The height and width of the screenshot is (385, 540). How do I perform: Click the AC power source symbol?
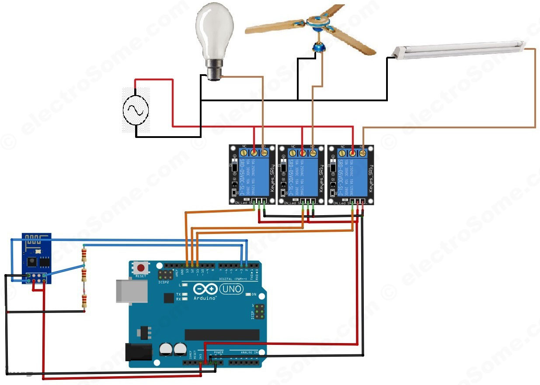click(x=136, y=110)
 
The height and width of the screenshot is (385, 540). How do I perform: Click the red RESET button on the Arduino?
click(x=141, y=268)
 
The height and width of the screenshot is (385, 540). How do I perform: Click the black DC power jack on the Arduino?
click(x=138, y=352)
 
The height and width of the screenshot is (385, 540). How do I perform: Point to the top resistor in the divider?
click(x=84, y=254)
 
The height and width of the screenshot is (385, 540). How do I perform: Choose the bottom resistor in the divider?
click(x=84, y=301)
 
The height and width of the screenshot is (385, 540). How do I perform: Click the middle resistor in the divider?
click(x=84, y=276)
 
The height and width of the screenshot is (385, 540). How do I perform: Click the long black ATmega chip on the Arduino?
click(x=222, y=335)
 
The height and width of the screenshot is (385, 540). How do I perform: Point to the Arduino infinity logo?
click(x=205, y=289)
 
